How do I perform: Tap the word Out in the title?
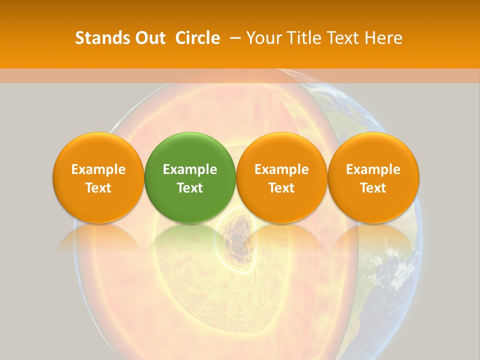(149, 38)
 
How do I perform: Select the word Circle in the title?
(197, 38)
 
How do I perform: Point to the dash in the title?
(233, 38)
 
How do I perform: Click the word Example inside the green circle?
(190, 169)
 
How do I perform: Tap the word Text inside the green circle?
(190, 188)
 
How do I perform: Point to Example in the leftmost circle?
(98, 169)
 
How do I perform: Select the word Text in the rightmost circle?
(373, 188)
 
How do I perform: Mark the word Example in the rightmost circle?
(373, 169)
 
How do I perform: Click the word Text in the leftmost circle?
(98, 188)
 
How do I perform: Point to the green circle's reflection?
(190, 235)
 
